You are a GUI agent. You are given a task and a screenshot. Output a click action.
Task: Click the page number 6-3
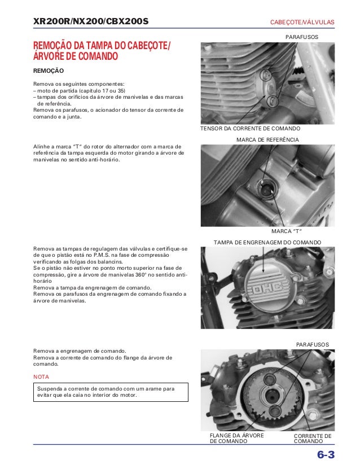326,455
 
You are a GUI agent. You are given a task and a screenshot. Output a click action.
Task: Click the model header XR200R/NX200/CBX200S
91,21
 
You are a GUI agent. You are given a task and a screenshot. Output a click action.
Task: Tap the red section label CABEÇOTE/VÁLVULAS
302,22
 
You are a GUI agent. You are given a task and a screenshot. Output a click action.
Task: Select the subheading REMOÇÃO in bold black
49,71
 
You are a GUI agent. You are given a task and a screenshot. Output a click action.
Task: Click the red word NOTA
41,376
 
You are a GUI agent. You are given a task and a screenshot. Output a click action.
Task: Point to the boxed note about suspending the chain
111,392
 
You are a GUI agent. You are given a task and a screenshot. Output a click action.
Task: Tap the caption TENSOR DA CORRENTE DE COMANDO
251,128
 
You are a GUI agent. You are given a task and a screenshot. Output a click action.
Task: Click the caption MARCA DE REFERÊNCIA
267,139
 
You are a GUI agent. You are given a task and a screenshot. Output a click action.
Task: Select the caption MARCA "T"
287,231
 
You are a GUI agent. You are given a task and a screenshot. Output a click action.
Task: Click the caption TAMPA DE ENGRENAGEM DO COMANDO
267,243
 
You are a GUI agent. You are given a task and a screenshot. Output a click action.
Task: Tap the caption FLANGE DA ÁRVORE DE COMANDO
237,438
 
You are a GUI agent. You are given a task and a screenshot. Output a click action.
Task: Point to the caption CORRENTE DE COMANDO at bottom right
313,439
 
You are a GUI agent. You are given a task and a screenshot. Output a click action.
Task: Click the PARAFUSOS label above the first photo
302,37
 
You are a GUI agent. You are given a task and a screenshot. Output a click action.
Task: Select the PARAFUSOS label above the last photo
313,345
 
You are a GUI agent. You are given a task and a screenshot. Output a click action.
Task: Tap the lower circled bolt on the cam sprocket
274,411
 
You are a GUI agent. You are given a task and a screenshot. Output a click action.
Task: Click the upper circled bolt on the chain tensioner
265,75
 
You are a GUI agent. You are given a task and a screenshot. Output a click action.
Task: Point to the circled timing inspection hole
265,189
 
